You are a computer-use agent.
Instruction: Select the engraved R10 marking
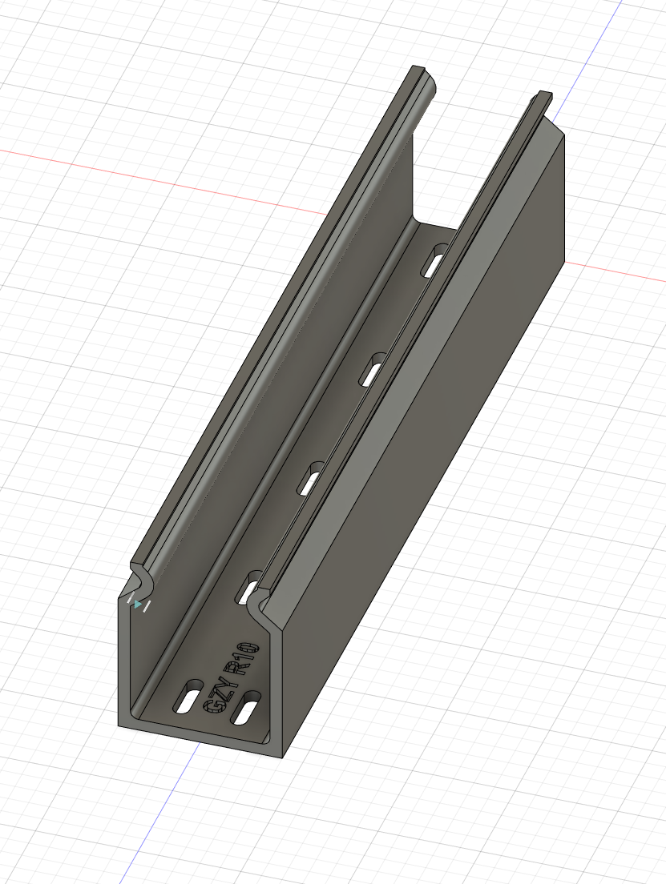[x=240, y=658]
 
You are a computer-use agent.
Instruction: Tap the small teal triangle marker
[x=139, y=605]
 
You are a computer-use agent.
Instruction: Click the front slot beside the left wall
[x=189, y=697]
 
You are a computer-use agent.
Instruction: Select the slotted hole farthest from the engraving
[x=435, y=260]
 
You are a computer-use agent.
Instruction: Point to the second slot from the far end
[x=374, y=369]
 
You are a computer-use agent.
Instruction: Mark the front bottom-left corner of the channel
[x=119, y=725]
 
